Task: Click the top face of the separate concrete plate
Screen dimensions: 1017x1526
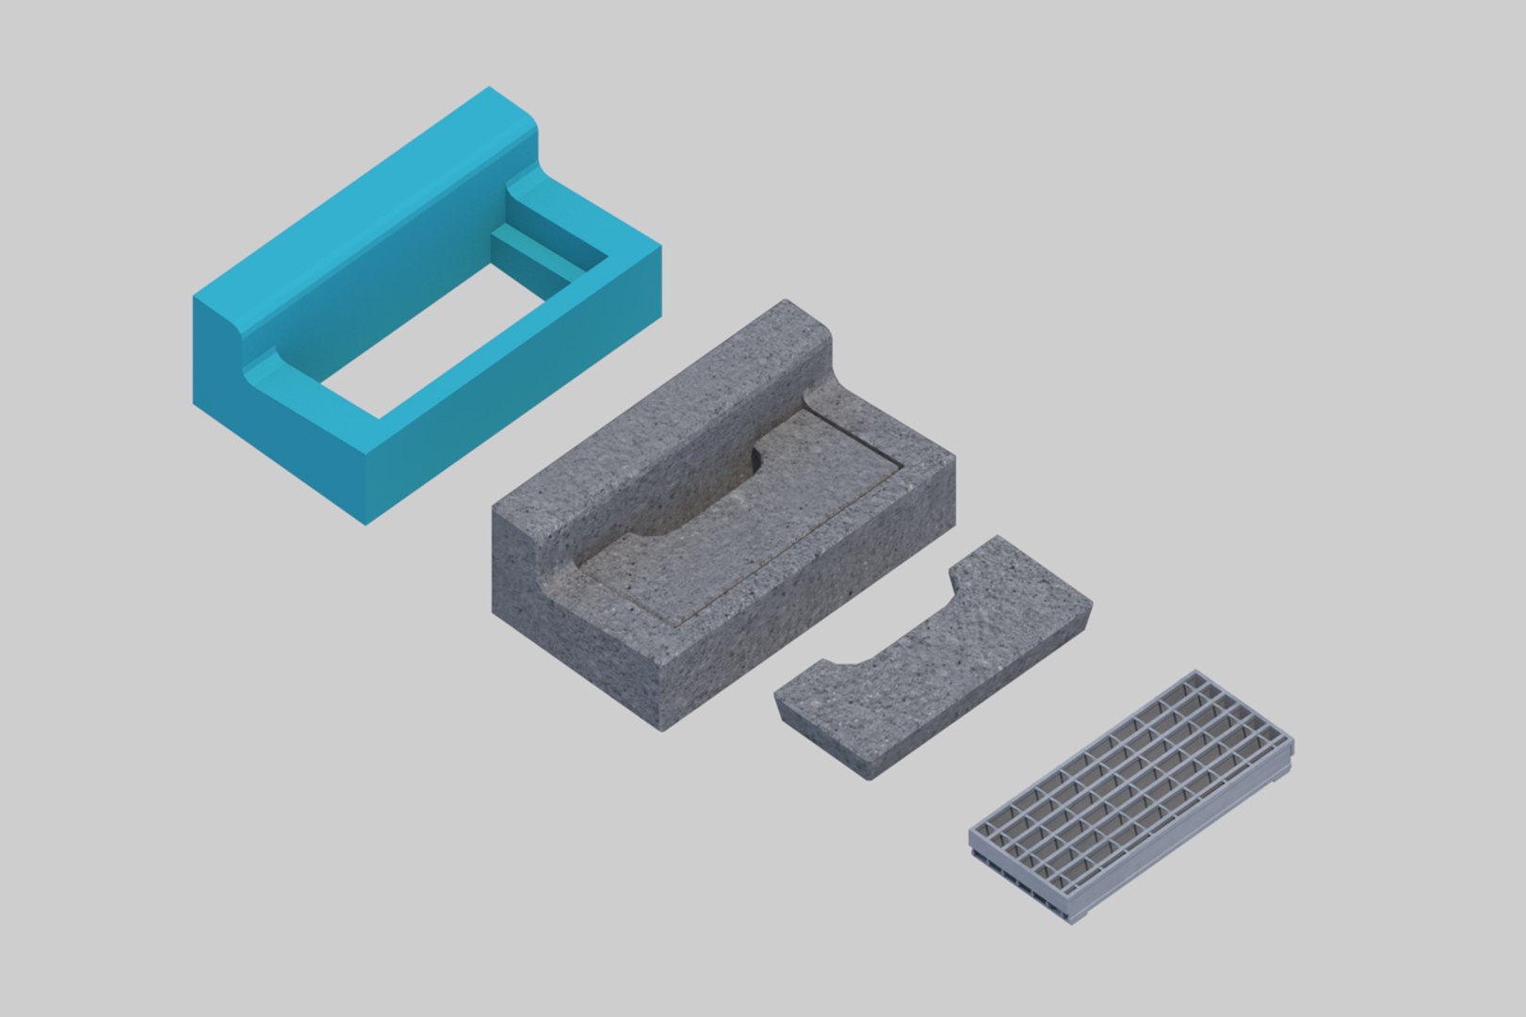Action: (951, 650)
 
